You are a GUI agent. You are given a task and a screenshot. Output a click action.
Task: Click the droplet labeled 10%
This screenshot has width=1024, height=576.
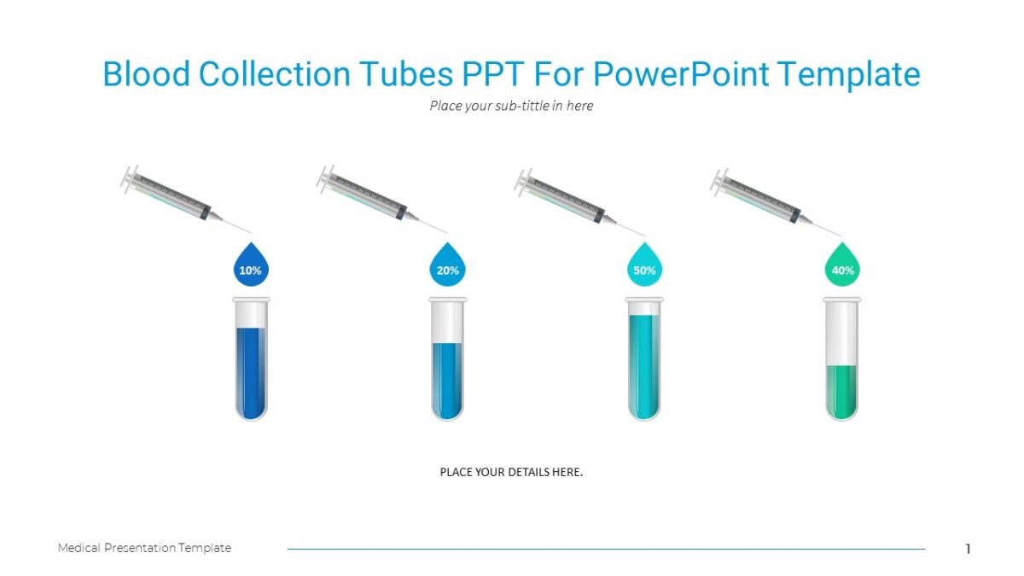[x=250, y=266]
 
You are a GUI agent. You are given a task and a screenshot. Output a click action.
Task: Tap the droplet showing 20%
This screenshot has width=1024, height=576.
[x=447, y=266]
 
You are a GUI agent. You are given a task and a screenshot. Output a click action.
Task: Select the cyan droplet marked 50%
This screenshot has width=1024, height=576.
[x=645, y=266]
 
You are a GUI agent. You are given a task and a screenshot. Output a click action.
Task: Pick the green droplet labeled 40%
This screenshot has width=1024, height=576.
[x=842, y=266]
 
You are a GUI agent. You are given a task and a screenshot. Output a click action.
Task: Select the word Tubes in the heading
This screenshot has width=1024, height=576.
[x=405, y=74]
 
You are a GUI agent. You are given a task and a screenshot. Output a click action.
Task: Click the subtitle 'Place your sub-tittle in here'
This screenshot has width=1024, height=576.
[x=511, y=106]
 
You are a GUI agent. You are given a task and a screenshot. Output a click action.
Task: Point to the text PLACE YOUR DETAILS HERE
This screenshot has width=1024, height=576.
[x=511, y=472]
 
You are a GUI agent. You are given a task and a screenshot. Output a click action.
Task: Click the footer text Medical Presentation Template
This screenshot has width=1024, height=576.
[x=144, y=548]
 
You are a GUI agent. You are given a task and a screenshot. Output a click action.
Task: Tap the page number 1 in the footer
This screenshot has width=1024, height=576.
[x=968, y=549]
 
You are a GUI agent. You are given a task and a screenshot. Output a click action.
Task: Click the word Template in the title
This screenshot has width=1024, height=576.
[x=849, y=74]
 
